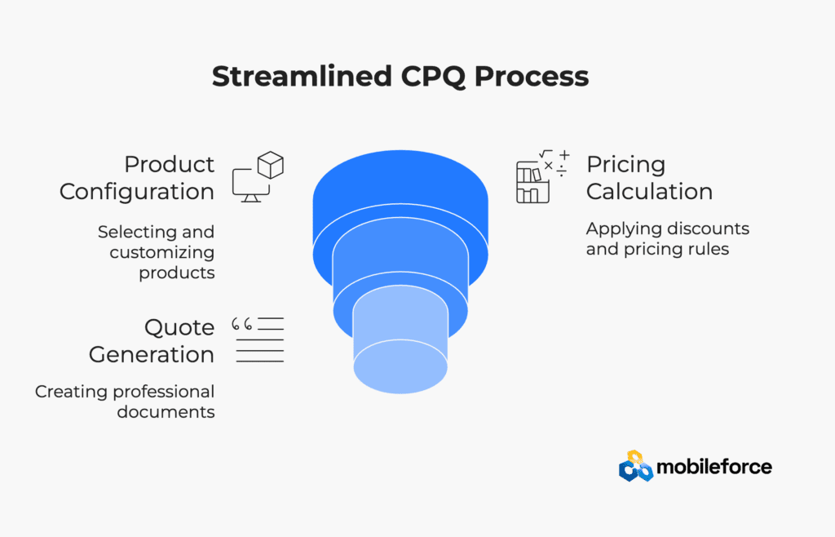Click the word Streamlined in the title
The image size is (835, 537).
(302, 76)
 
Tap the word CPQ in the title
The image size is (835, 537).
(433, 77)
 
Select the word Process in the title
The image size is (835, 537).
(532, 76)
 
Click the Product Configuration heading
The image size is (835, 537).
(137, 178)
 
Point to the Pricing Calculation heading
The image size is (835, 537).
(649, 178)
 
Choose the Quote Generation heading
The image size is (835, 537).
(152, 341)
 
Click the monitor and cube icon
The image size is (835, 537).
(258, 177)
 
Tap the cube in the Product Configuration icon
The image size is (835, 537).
(271, 165)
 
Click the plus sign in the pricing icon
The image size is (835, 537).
(564, 155)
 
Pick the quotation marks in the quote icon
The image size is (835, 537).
(241, 323)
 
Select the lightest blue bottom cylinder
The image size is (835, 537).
(400, 341)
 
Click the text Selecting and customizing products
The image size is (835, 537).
(156, 252)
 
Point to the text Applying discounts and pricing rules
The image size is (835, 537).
(668, 238)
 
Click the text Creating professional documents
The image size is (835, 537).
(125, 402)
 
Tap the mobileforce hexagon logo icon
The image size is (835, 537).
(636, 466)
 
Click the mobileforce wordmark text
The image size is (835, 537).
(714, 467)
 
